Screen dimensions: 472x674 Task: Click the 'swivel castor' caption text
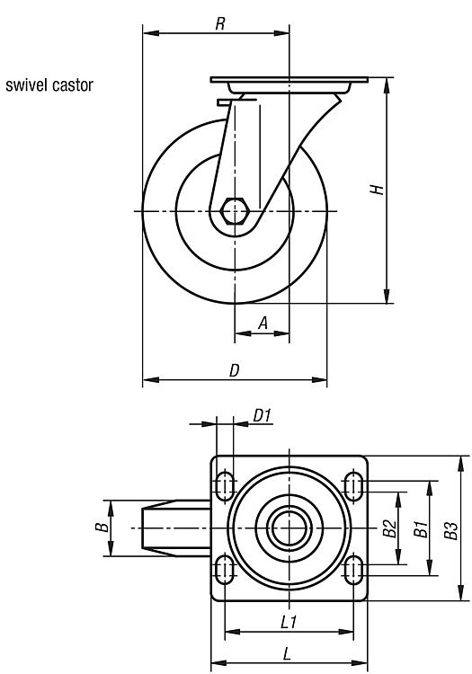pos(49,85)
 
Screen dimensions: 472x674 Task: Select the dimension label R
pos(220,24)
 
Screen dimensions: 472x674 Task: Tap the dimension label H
pos(377,189)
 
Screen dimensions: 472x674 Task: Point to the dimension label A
pos(263,323)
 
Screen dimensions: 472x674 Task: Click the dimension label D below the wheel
pos(234,370)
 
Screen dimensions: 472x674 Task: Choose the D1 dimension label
pos(262,416)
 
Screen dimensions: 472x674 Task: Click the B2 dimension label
pos(389,528)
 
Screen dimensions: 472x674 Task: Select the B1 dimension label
pos(421,528)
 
